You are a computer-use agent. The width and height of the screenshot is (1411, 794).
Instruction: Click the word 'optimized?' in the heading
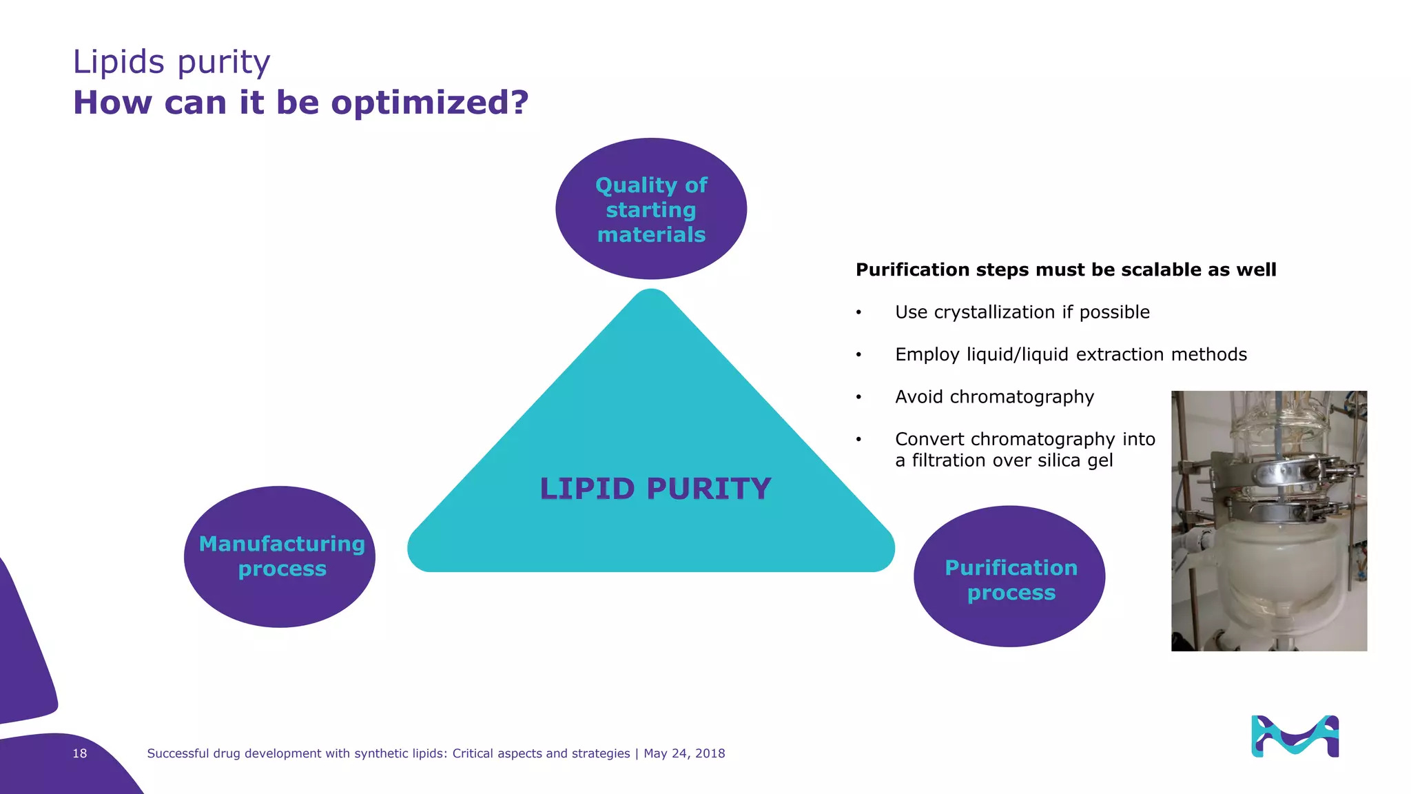[429, 103]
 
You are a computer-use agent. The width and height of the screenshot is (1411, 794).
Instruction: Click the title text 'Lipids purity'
[172, 62]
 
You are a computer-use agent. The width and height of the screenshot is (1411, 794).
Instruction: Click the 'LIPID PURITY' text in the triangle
[655, 489]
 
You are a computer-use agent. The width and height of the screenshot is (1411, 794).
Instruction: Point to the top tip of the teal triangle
[651, 295]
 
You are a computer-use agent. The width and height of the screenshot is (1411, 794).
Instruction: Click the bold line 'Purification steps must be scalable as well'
[1065, 269]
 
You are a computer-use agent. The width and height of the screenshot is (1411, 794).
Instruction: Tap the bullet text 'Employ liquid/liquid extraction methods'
[1071, 354]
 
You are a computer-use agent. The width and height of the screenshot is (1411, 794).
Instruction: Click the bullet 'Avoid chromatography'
[994, 397]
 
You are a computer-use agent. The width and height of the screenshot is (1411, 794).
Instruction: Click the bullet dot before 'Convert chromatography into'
[858, 440]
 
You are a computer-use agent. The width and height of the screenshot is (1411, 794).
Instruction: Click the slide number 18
[80, 753]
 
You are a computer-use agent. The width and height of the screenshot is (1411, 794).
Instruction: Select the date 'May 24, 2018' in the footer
[684, 753]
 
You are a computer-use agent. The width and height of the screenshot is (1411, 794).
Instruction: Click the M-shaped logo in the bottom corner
[1295, 736]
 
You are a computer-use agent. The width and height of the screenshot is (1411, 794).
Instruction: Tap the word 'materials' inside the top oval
[651, 235]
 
